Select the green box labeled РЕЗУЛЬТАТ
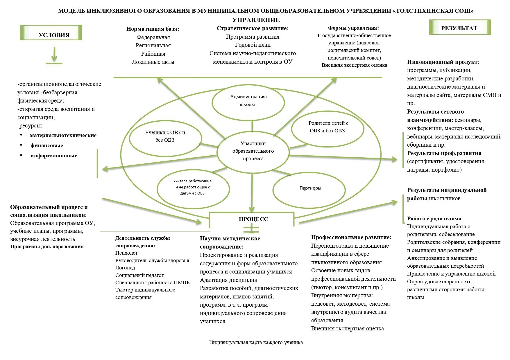pyautogui.click(x=460, y=28)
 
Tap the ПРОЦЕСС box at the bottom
pyautogui.click(x=252, y=219)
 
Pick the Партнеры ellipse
pyautogui.click(x=309, y=190)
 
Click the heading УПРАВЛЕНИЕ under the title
pyautogui.click(x=256, y=20)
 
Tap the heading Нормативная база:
pyautogui.click(x=153, y=29)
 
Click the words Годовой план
pyautogui.click(x=253, y=45)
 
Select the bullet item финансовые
pyautogui.click(x=46, y=145)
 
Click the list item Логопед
pyautogui.click(x=125, y=268)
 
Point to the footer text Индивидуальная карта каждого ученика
pyautogui.click(x=256, y=342)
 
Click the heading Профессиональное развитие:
pyautogui.click(x=351, y=237)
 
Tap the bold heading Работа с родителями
pyautogui.click(x=434, y=219)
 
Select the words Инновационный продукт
pyautogui.click(x=442, y=62)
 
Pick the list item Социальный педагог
pyautogui.click(x=139, y=275)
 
